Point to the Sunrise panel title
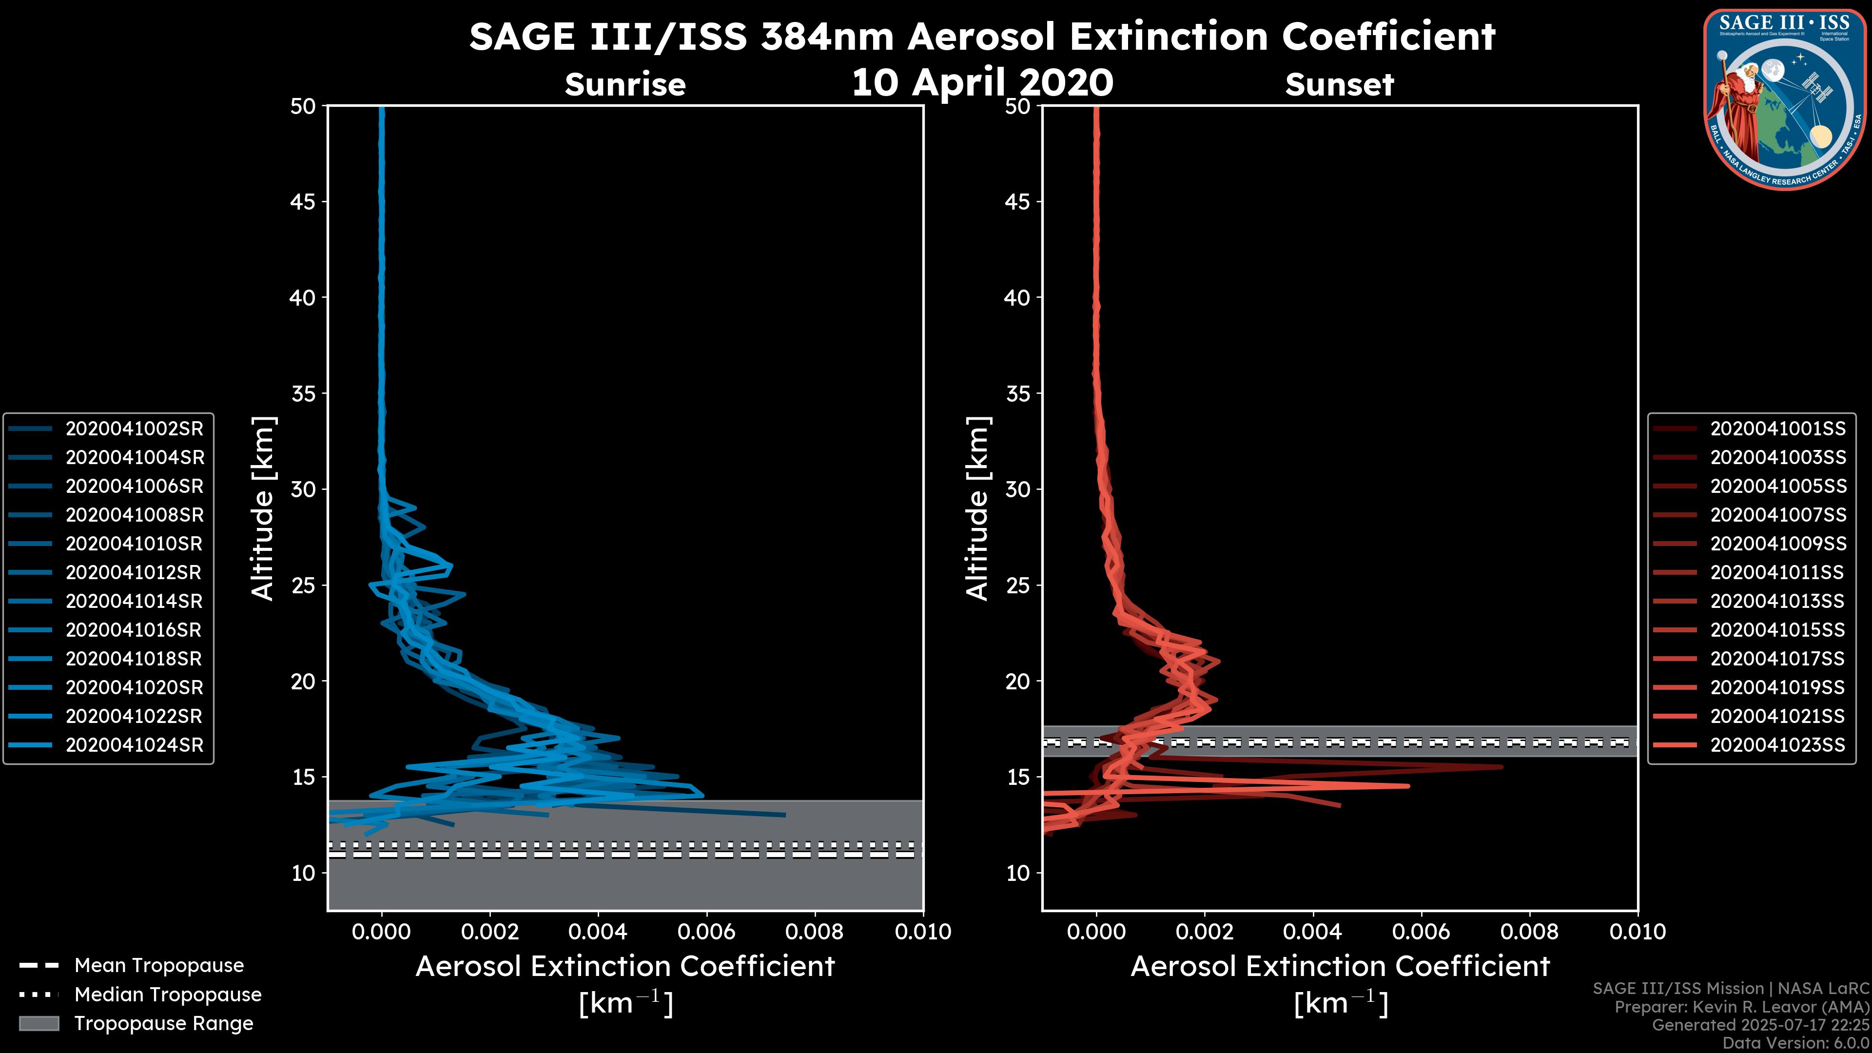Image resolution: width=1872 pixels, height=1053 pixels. (x=625, y=84)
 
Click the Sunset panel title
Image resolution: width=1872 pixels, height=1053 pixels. (x=1339, y=84)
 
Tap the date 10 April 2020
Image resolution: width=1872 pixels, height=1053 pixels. (x=982, y=81)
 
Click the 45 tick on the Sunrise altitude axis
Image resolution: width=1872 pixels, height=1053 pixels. (x=303, y=201)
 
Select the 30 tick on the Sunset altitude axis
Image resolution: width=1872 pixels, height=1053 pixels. (x=1017, y=489)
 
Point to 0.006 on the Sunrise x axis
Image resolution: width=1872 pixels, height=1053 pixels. (x=705, y=932)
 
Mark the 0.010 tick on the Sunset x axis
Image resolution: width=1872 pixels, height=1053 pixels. (x=1638, y=932)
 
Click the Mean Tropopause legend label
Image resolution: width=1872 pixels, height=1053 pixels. (x=159, y=965)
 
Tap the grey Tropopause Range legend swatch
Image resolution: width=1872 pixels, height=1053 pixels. (x=39, y=1023)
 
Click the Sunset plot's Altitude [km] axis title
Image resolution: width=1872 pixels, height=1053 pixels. (x=977, y=508)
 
